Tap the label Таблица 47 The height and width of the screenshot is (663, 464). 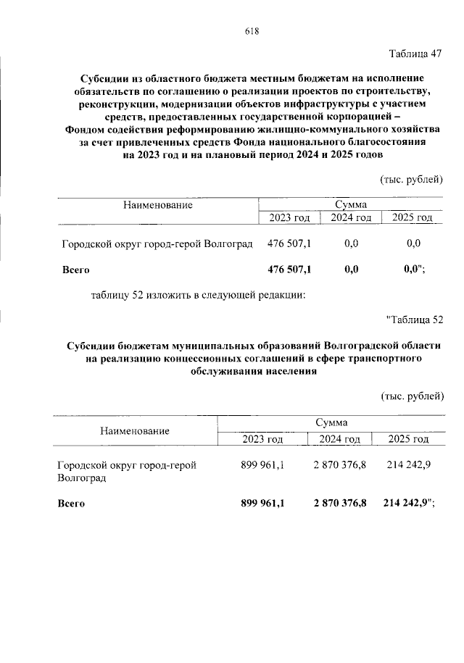[x=415, y=54]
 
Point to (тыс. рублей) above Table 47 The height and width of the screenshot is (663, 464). [x=410, y=179]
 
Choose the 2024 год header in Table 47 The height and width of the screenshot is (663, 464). [x=351, y=217]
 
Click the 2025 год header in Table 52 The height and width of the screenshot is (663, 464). [x=408, y=439]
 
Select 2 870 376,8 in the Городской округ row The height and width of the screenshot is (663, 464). [x=340, y=465]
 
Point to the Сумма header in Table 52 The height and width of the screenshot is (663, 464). [x=331, y=422]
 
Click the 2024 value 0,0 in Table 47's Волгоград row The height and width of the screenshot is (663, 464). [x=352, y=243]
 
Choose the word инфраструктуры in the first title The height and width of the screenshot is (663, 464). [x=291, y=103]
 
